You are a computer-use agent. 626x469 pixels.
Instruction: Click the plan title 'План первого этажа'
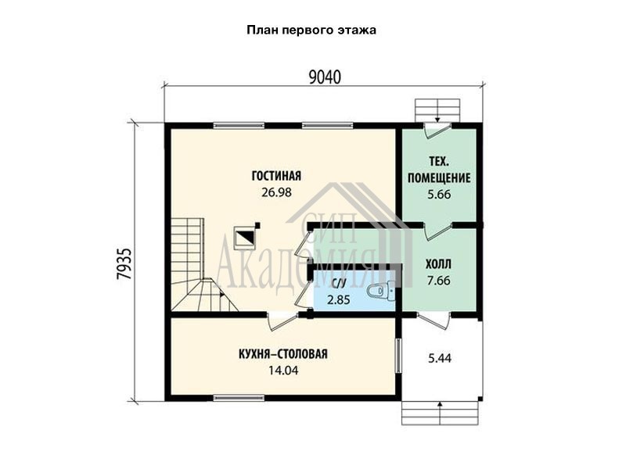tap(311, 30)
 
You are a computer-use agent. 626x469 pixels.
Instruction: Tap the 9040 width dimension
tap(325, 77)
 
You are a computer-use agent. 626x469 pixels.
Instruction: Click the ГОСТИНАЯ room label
tap(276, 175)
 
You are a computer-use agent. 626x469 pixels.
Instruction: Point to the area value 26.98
tap(276, 192)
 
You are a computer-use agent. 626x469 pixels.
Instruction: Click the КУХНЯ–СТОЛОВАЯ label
tap(282, 354)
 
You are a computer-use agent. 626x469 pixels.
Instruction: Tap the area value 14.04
tap(282, 371)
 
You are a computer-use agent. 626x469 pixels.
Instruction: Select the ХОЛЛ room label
tap(438, 264)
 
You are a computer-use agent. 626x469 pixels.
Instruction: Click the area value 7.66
tap(438, 281)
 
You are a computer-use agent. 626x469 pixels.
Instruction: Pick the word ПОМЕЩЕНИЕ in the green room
tap(439, 178)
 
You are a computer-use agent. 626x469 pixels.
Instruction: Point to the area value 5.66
tap(439, 194)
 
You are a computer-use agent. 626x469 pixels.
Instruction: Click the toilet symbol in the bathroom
tap(380, 290)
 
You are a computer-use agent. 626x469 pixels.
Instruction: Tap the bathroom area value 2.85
tap(338, 299)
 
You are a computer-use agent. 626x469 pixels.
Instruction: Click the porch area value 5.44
tap(440, 358)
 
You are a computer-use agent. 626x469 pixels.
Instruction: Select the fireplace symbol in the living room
tap(244, 238)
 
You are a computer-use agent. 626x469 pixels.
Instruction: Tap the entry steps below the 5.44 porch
tap(440, 414)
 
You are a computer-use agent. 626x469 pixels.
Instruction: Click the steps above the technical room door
tap(438, 110)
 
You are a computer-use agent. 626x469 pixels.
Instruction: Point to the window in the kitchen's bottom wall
tap(239, 398)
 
